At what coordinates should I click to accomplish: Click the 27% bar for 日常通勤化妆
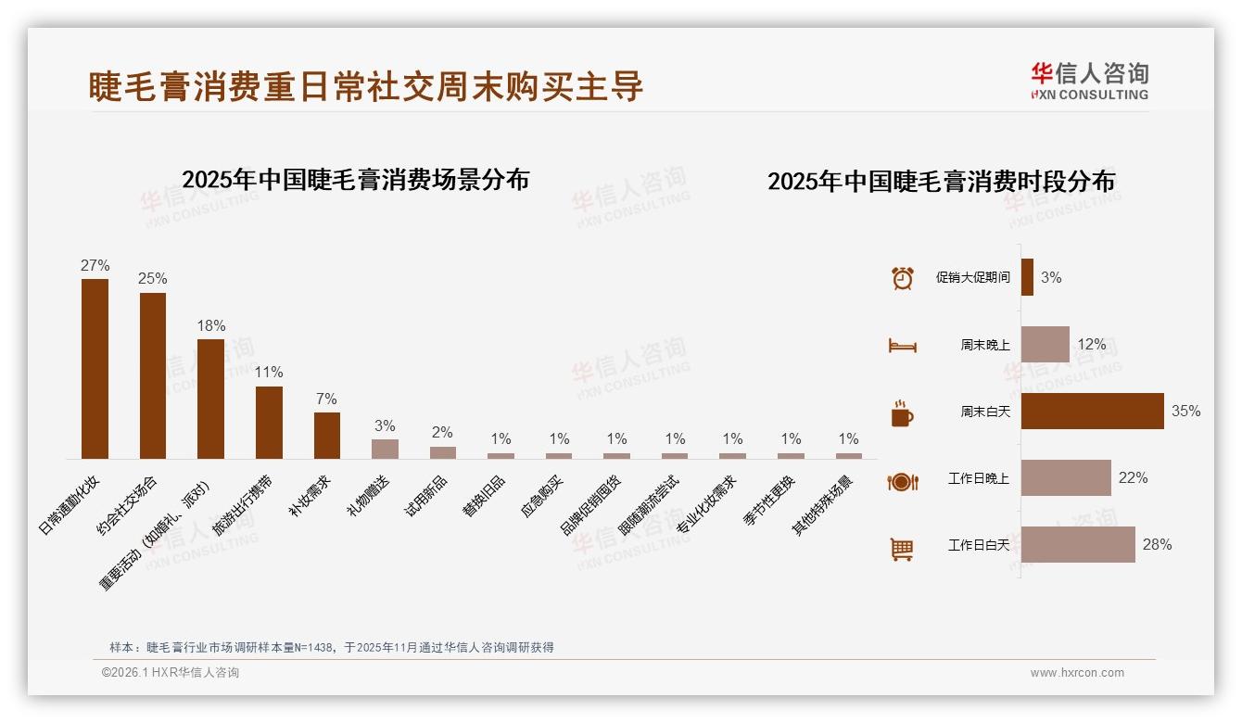point(95,369)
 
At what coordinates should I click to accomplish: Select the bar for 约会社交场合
point(153,375)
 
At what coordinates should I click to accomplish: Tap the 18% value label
point(210,326)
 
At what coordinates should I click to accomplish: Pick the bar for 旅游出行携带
point(269,423)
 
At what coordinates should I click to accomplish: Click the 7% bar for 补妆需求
point(327,436)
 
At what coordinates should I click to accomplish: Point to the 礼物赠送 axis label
point(370,496)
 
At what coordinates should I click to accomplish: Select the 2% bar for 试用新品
point(443,452)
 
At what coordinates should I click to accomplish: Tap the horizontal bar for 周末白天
point(1092,411)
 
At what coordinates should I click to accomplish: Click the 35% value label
point(1185,411)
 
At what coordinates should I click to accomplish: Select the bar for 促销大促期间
point(1027,277)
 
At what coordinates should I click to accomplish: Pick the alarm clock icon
point(902,278)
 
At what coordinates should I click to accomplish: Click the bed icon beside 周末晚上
point(902,345)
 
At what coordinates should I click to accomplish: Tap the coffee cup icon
point(902,412)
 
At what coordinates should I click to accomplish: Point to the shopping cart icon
point(902,549)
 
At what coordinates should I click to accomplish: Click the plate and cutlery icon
point(902,481)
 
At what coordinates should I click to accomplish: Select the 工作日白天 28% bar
point(1078,545)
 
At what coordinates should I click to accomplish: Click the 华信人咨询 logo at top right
point(1089,81)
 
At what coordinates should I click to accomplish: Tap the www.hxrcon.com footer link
point(1077,673)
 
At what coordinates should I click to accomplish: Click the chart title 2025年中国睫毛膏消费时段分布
point(941,182)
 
